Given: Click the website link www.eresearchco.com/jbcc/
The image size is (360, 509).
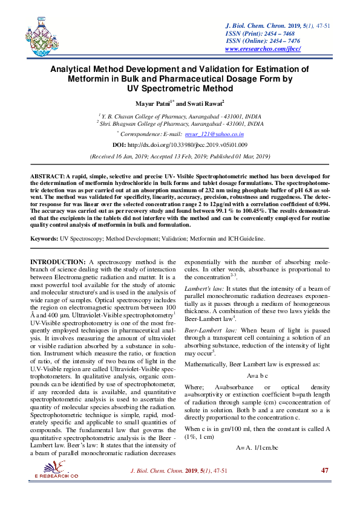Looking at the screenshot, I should pos(263,48).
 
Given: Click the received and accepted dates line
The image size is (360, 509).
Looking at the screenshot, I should pos(180,156).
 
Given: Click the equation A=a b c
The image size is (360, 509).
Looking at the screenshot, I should pos(257,375).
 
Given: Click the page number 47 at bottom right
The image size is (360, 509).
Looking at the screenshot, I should pos(324,487).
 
